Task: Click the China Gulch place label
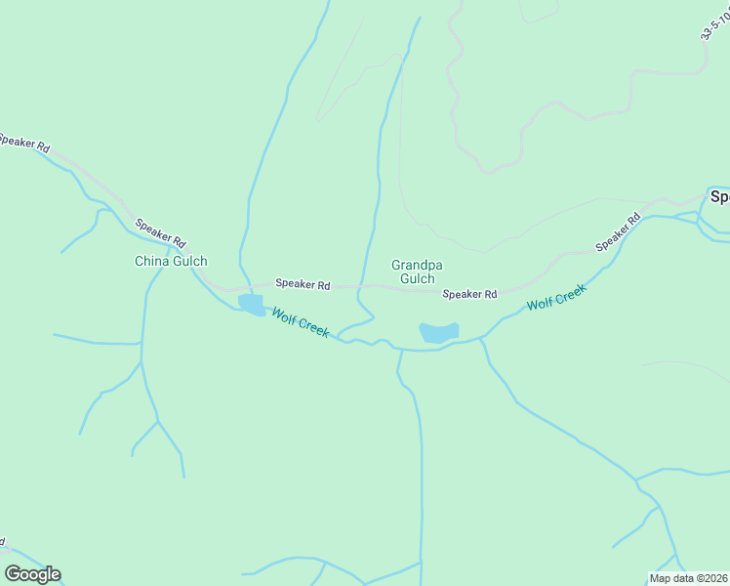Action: pyautogui.click(x=171, y=261)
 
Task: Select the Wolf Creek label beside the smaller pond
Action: pyautogui.click(x=300, y=321)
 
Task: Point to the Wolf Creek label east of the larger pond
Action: pyautogui.click(x=556, y=298)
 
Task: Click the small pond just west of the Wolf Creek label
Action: pyautogui.click(x=251, y=305)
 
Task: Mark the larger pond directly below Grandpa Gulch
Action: pyautogui.click(x=438, y=332)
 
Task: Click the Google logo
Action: pyautogui.click(x=32, y=574)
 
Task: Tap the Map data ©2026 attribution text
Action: pyautogui.click(x=688, y=578)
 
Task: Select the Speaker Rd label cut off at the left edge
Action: pyautogui.click(x=23, y=143)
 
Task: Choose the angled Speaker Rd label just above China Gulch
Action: pyautogui.click(x=160, y=231)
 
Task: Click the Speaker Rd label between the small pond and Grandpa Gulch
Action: pyautogui.click(x=303, y=284)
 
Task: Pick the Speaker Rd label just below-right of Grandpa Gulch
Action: pyautogui.click(x=469, y=294)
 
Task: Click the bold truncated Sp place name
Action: pyautogui.click(x=719, y=196)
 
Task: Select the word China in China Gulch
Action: pyautogui.click(x=151, y=261)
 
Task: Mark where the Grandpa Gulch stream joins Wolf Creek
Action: pyautogui.click(x=339, y=339)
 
